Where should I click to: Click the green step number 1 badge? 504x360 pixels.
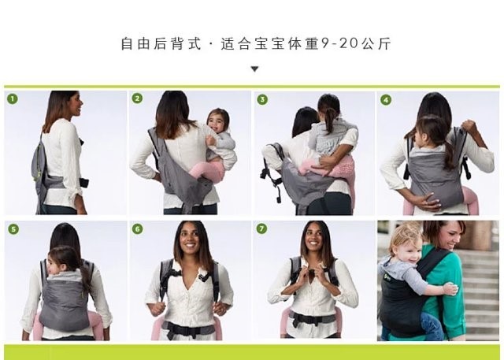pos(13,98)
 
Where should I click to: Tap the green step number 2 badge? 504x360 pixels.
pos(137,98)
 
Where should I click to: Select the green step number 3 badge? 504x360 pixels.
pos(262,99)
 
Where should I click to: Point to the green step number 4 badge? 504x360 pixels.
pos(386,99)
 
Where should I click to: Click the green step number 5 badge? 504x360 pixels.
pos(13,229)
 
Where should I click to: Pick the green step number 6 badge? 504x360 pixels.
pos(138,229)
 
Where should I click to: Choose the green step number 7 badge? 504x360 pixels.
pos(261,228)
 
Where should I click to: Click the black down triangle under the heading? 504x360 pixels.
pos(254,69)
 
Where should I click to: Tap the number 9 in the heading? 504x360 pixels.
pos(325,43)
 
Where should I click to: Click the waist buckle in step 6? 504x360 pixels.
pos(182,329)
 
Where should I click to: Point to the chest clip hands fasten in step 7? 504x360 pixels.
pos(311,273)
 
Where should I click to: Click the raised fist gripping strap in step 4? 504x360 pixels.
pos(469,127)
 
